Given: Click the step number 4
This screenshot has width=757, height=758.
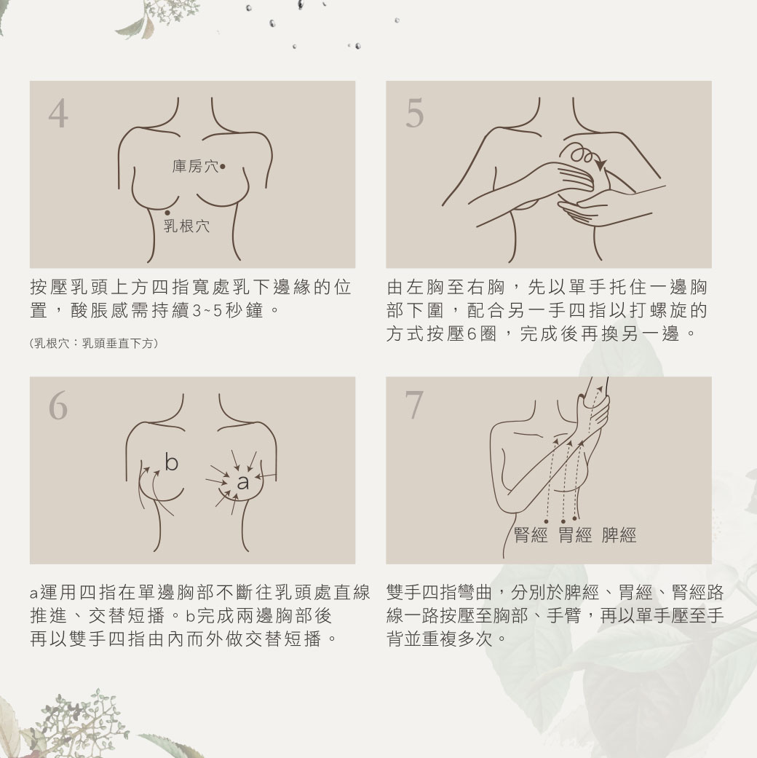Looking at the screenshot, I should pos(58,114).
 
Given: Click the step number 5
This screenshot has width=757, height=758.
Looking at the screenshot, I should pos(413,114).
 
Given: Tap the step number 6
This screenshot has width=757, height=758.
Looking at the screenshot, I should pos(58,406).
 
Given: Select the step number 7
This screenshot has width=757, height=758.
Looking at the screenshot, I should pos(413,406).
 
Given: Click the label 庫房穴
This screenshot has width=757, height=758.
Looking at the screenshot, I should pos(194,167).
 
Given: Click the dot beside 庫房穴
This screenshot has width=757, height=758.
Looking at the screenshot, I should pos(222,167).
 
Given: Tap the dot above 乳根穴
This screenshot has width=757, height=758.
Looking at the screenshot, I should pos(167,212).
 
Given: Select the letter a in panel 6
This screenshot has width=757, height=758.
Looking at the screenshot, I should pos(242,483).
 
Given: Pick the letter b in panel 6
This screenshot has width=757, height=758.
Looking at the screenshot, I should pos(172,462).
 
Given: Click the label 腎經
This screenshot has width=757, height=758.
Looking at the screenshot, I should pos(531,536).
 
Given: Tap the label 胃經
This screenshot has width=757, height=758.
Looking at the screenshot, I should pos(575,536).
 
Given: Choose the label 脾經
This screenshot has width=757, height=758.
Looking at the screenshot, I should pos(619,536).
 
